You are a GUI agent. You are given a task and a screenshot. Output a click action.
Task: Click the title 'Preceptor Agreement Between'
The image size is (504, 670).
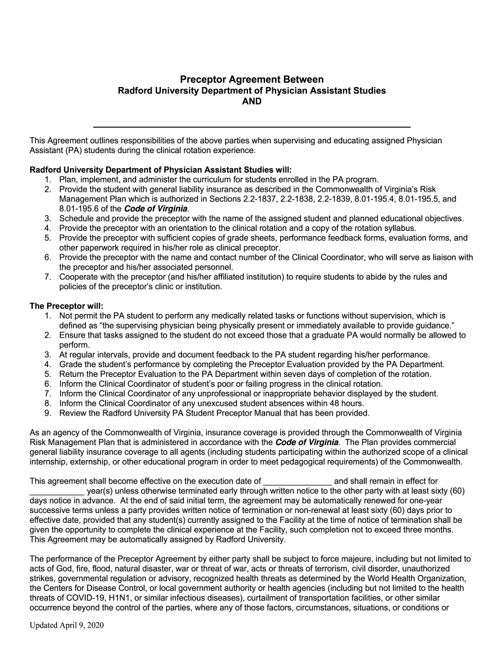pos(252,79)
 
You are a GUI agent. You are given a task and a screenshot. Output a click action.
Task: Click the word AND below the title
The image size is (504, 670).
pos(252,101)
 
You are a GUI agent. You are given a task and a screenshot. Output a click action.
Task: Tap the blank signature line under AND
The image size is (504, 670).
pos(252,124)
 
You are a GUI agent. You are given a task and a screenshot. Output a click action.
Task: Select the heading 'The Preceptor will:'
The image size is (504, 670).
pos(67,306)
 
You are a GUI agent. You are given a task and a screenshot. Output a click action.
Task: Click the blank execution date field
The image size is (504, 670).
pos(297,481)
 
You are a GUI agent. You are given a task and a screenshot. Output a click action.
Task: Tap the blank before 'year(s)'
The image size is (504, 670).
pos(57,491)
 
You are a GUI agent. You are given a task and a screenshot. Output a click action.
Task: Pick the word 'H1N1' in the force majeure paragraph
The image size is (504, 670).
pos(118,598)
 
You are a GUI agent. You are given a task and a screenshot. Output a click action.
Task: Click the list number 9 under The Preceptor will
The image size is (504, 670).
pos(48,413)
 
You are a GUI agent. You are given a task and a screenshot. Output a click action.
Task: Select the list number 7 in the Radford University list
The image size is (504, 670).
pos(48,277)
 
